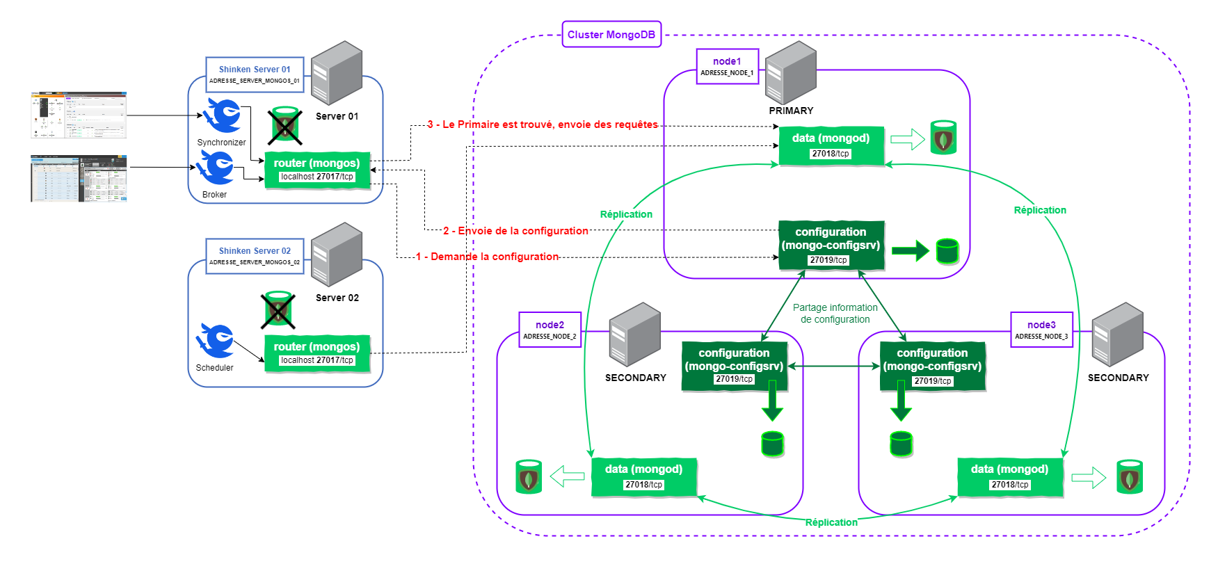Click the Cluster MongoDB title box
point(611,34)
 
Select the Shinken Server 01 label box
point(255,74)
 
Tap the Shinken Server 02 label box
point(255,256)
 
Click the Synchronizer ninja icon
point(223,115)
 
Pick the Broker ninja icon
point(216,168)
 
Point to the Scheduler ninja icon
point(216,341)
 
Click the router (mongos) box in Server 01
point(316,169)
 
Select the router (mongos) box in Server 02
point(316,353)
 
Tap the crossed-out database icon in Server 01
point(285,126)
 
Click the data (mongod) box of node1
point(831,145)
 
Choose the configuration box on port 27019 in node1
point(831,245)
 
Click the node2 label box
point(550,330)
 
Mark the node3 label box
point(1041,330)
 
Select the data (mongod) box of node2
point(643,476)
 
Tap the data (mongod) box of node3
point(1009,476)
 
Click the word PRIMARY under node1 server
point(791,111)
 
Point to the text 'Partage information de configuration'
point(835,314)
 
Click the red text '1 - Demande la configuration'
point(487,257)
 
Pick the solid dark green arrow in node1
point(910,250)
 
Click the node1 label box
point(727,66)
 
